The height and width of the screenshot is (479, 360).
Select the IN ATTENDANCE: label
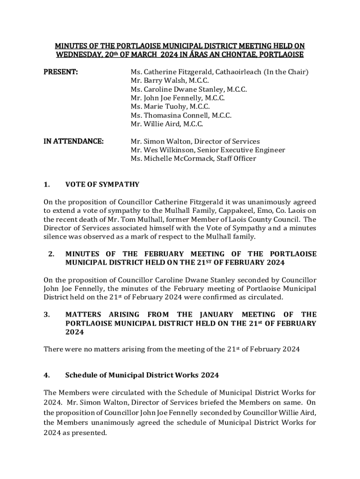pos(73,141)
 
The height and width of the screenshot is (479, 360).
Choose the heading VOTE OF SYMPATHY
pos(102,184)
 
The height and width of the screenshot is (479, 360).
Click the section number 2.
pos(51,254)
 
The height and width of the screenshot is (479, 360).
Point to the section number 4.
pos(47,375)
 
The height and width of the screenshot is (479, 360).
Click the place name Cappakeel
pos(226,210)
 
